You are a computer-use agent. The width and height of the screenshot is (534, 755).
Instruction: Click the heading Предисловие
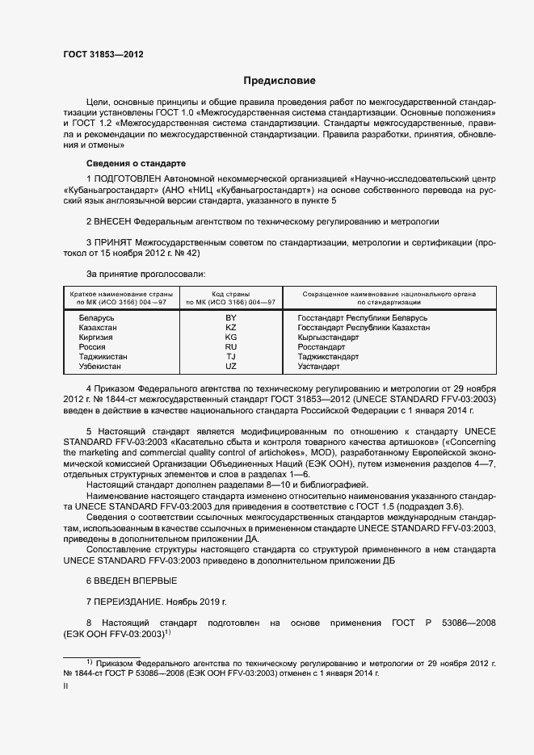point(280,81)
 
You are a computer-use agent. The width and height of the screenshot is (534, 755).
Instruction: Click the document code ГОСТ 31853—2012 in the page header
point(103,56)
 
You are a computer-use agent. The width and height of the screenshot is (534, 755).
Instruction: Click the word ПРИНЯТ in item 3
point(114,241)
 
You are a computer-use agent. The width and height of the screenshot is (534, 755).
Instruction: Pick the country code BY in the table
point(231,318)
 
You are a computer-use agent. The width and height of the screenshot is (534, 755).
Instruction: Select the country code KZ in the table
point(231,328)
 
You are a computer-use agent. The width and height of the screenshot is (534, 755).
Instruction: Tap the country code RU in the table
point(231,347)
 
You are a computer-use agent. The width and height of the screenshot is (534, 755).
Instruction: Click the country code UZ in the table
point(231,367)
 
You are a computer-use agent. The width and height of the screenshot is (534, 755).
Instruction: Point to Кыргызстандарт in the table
point(329,338)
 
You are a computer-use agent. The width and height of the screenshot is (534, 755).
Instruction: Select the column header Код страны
point(231,295)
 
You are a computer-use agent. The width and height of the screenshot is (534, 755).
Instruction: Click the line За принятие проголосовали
point(140,275)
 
